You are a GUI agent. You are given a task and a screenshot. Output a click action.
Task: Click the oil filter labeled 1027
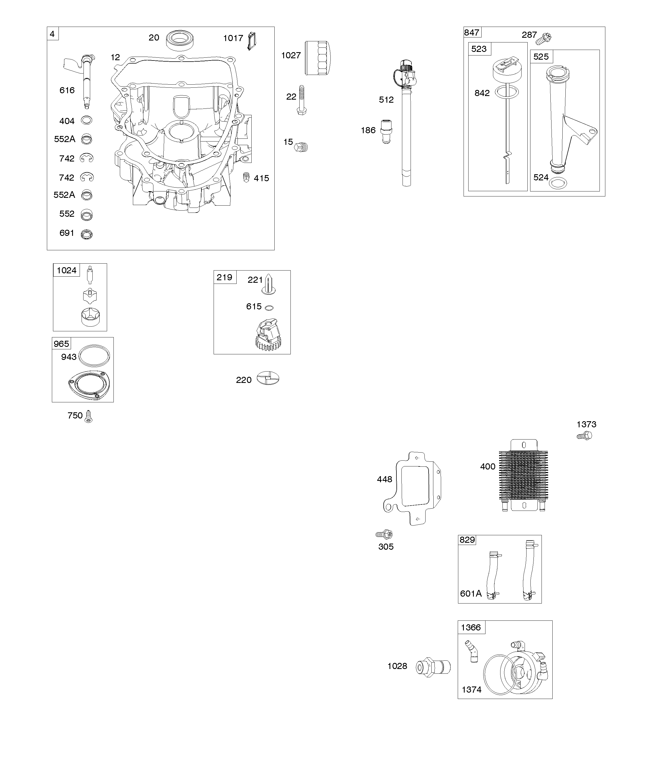[318, 58]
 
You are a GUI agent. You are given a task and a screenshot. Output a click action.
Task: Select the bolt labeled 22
[301, 100]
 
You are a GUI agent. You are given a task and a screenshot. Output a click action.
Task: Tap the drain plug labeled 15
[301, 147]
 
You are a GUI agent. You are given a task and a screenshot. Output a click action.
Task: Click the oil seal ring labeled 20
[180, 40]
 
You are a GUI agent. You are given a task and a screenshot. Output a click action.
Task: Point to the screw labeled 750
[88, 416]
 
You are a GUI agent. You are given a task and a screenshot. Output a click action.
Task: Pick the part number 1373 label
[586, 424]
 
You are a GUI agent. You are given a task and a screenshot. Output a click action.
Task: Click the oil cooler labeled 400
[523, 475]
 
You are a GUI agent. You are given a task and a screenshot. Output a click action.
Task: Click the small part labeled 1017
[252, 41]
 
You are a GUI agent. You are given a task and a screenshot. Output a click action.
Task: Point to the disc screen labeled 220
[268, 378]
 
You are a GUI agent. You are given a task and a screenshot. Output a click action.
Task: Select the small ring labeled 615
[269, 307]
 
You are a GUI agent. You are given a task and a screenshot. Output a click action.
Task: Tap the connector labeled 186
[386, 131]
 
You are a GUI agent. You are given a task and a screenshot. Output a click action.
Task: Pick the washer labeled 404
[87, 120]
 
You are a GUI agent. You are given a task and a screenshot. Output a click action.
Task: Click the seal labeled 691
[87, 234]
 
